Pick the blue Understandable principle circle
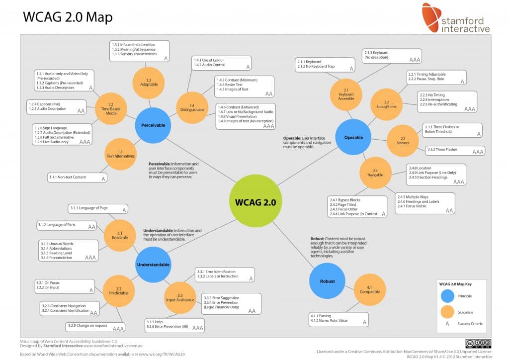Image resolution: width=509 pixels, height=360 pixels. point(153,265)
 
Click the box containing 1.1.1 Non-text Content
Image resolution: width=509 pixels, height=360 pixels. point(78,177)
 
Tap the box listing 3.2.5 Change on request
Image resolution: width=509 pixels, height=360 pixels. point(95,327)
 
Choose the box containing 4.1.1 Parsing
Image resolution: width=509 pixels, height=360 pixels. point(338,319)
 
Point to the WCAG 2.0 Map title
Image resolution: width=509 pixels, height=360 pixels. point(68,17)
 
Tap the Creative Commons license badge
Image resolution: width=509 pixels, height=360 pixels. point(478,343)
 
